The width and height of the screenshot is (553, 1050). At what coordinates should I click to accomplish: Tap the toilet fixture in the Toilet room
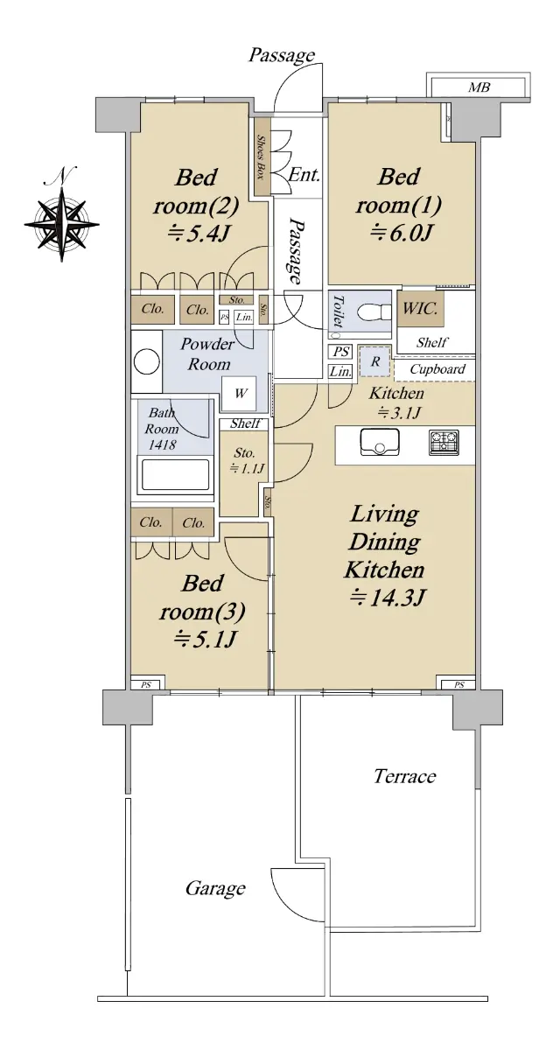(374, 311)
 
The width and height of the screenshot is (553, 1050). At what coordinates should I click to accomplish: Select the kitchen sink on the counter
(379, 443)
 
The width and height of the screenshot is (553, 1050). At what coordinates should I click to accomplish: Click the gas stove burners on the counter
(444, 443)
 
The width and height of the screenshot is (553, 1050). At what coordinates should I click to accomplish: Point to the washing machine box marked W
(239, 393)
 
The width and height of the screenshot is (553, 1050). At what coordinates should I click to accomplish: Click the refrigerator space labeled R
(374, 361)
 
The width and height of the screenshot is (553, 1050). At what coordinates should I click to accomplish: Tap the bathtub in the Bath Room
(174, 475)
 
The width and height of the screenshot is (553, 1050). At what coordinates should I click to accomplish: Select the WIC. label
(420, 308)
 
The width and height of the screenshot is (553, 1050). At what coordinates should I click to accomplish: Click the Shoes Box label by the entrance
(262, 157)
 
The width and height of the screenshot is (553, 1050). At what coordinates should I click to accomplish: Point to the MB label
(479, 87)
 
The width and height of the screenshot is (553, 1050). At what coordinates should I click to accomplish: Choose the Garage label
(215, 888)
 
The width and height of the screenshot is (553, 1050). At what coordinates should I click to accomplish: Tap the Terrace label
(404, 776)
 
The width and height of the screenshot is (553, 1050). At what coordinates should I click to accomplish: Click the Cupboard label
(437, 369)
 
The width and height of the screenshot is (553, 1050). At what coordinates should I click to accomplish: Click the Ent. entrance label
(304, 175)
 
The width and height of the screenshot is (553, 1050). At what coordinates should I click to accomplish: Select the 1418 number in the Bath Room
(162, 444)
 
